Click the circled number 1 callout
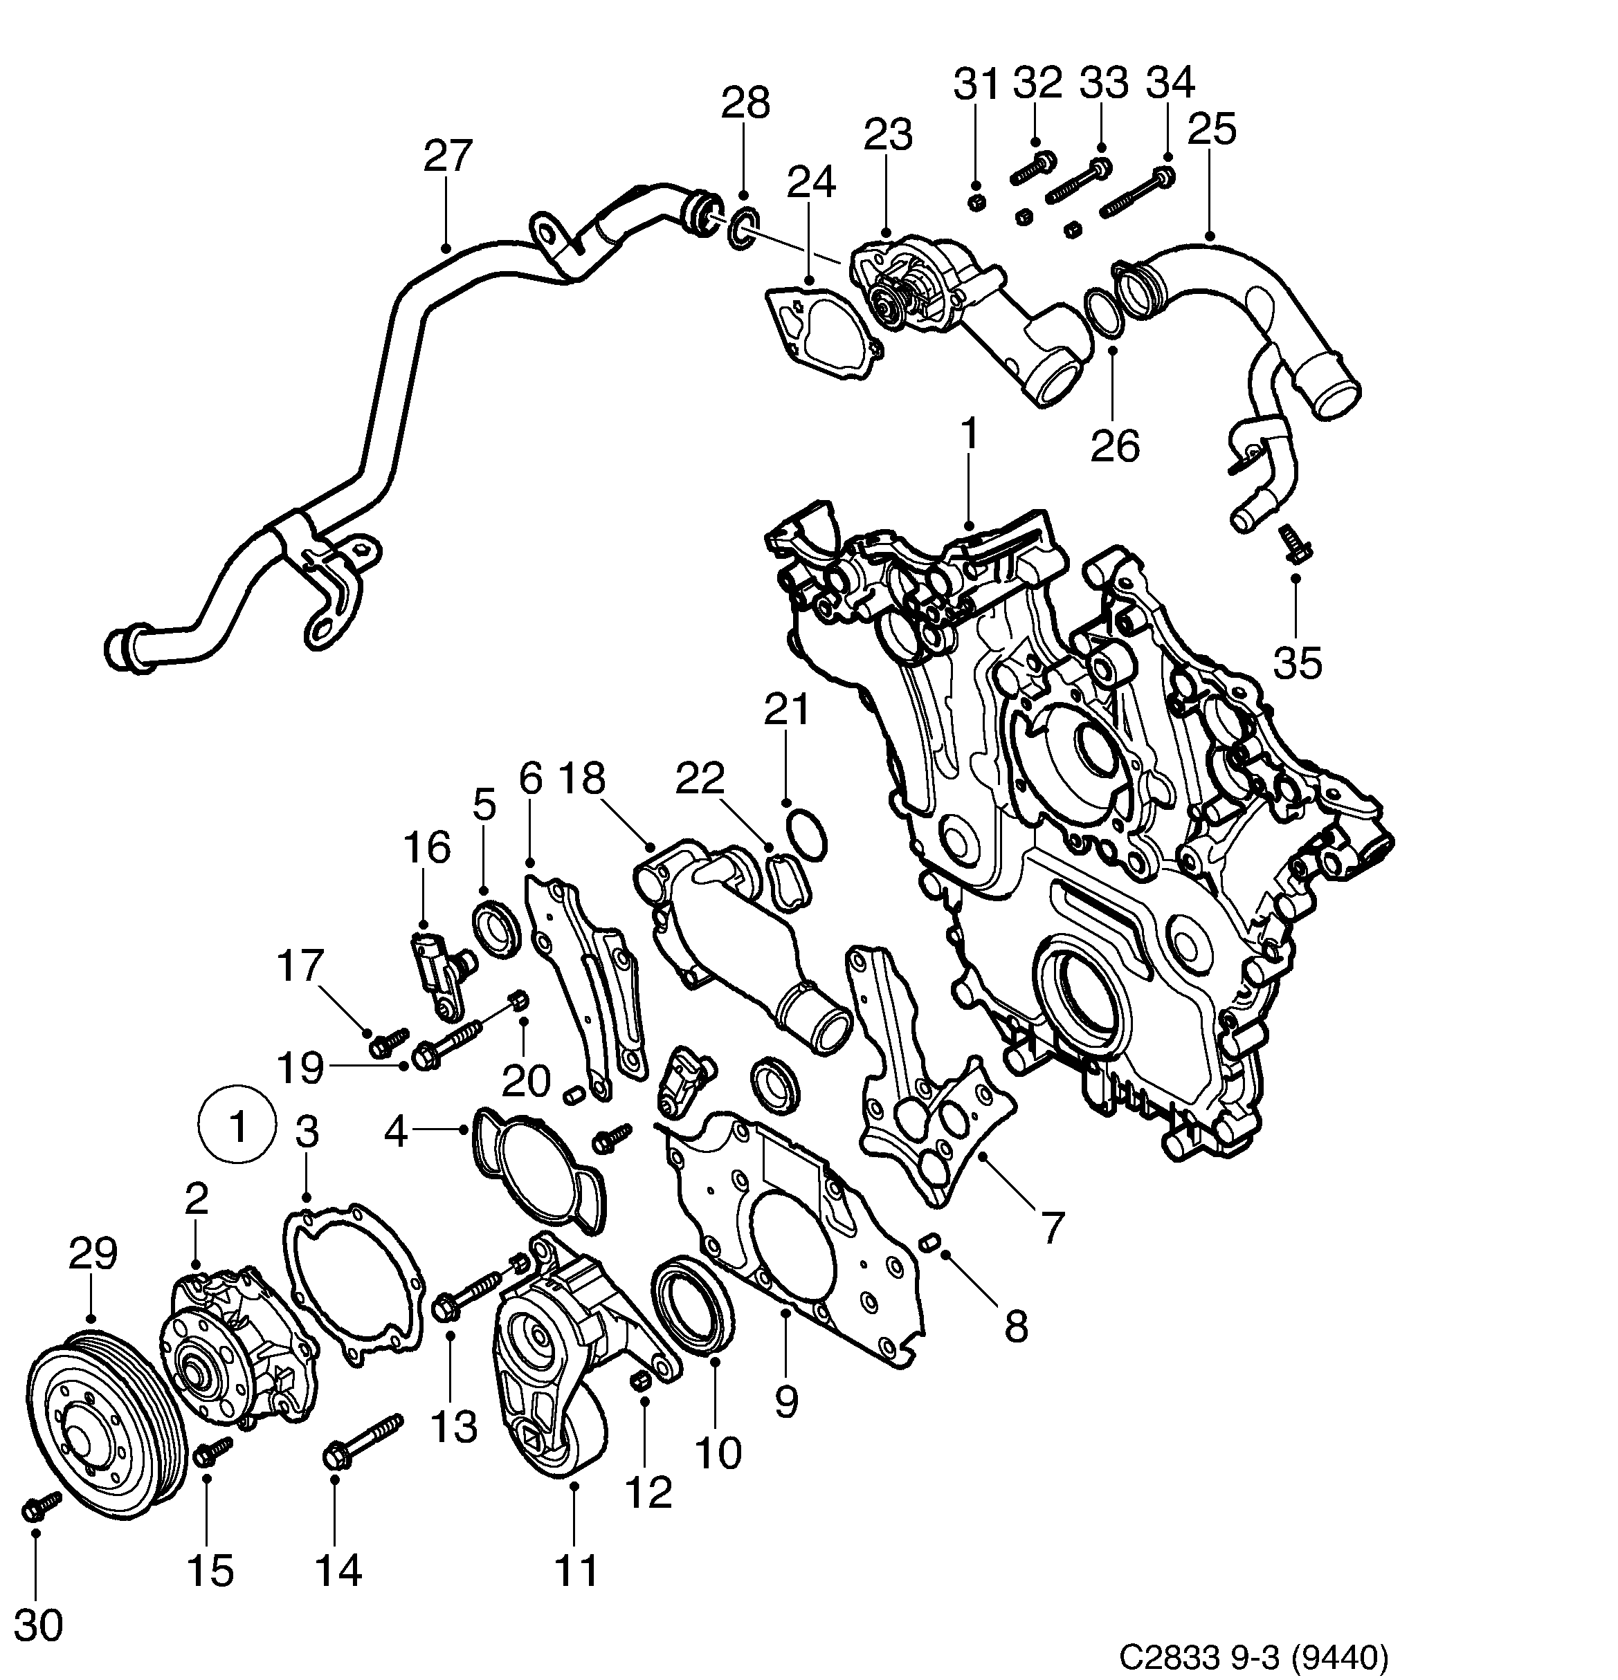[237, 1126]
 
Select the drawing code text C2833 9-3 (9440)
[1253, 1658]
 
